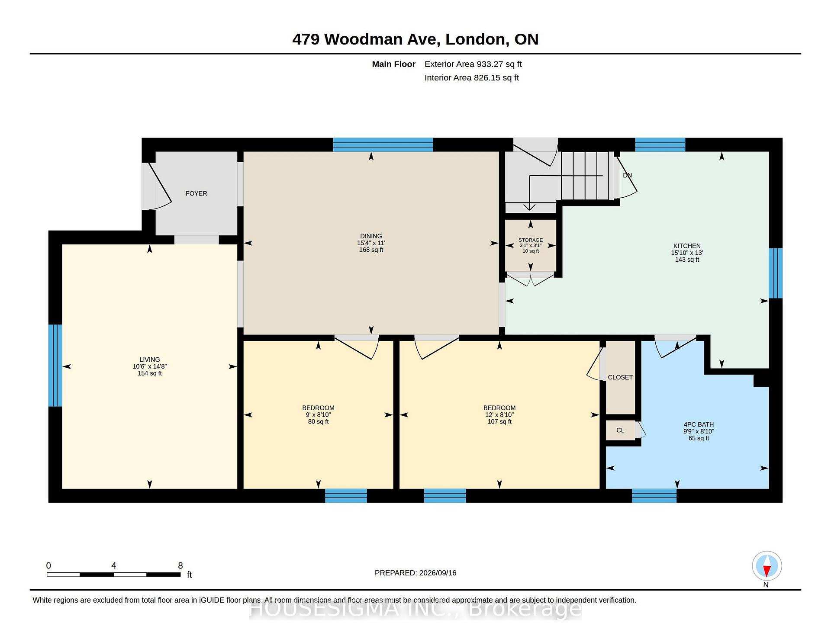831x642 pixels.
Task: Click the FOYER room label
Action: [196, 193]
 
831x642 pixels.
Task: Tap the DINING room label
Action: [371, 236]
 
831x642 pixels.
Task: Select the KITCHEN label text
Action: [687, 246]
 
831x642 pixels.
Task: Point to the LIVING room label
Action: [150, 360]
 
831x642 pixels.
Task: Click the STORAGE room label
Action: [531, 240]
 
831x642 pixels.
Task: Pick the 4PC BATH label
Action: [699, 424]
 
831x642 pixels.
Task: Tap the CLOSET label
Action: [620, 377]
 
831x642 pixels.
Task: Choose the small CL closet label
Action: [620, 430]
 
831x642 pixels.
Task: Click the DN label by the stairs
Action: [628, 175]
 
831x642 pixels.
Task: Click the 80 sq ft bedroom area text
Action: [319, 422]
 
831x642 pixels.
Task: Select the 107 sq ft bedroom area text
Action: [499, 422]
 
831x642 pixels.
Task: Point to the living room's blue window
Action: [55, 366]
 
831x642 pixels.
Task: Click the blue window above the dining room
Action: [383, 144]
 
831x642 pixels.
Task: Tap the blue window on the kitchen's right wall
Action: [776, 273]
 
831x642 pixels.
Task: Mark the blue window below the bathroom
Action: [654, 496]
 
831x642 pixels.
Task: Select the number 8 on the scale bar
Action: [180, 565]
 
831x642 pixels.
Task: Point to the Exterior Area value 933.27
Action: [490, 64]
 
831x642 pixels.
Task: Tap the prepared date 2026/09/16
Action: [438, 573]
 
